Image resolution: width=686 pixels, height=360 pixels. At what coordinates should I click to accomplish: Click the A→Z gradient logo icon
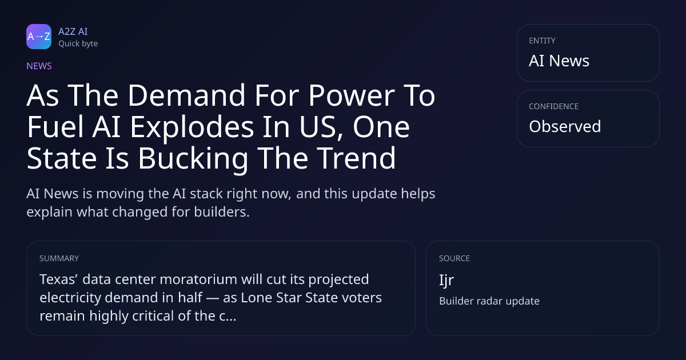[x=39, y=37]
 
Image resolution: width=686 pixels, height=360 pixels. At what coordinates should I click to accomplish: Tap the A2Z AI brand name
[x=73, y=31]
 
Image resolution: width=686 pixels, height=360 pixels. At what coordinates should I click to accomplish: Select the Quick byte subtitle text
[x=78, y=44]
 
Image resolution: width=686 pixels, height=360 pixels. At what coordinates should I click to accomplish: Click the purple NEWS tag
[x=39, y=66]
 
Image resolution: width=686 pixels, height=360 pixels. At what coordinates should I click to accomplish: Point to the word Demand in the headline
[x=186, y=95]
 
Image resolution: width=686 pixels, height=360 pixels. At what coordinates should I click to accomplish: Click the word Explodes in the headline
[x=192, y=127]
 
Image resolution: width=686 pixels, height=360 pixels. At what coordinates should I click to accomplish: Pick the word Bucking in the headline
[x=193, y=158]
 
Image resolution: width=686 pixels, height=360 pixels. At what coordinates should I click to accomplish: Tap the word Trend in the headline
[x=356, y=158]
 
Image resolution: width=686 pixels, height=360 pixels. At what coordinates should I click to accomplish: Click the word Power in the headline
[x=351, y=95]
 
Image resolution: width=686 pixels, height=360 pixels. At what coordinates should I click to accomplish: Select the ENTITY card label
[x=542, y=41]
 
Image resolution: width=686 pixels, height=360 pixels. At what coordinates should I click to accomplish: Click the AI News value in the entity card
[x=559, y=61]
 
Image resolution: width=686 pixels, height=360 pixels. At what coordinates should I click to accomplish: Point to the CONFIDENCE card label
[x=554, y=106]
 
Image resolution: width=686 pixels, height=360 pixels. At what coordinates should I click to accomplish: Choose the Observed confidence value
[x=565, y=126]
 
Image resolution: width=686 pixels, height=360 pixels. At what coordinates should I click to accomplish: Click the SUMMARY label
[x=59, y=258]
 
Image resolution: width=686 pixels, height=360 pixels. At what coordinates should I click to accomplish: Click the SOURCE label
[x=454, y=258]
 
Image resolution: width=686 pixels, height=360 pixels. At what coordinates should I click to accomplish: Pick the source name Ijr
[x=446, y=281]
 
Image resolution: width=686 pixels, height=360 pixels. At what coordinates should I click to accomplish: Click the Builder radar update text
[x=489, y=301]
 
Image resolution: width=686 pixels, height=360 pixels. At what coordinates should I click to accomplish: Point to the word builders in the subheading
[x=222, y=212]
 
